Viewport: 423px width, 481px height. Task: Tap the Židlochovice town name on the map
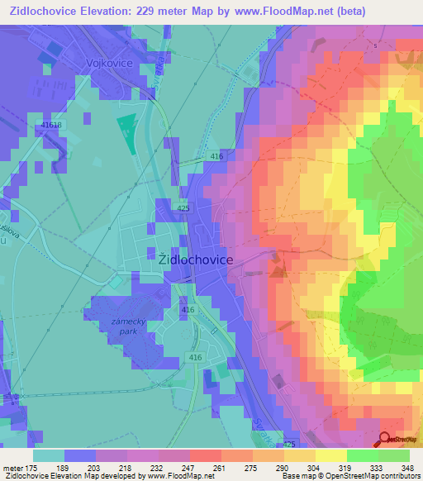(x=195, y=259)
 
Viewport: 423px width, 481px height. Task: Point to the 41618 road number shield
(x=51, y=125)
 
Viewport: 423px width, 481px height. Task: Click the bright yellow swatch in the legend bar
(x=331, y=455)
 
